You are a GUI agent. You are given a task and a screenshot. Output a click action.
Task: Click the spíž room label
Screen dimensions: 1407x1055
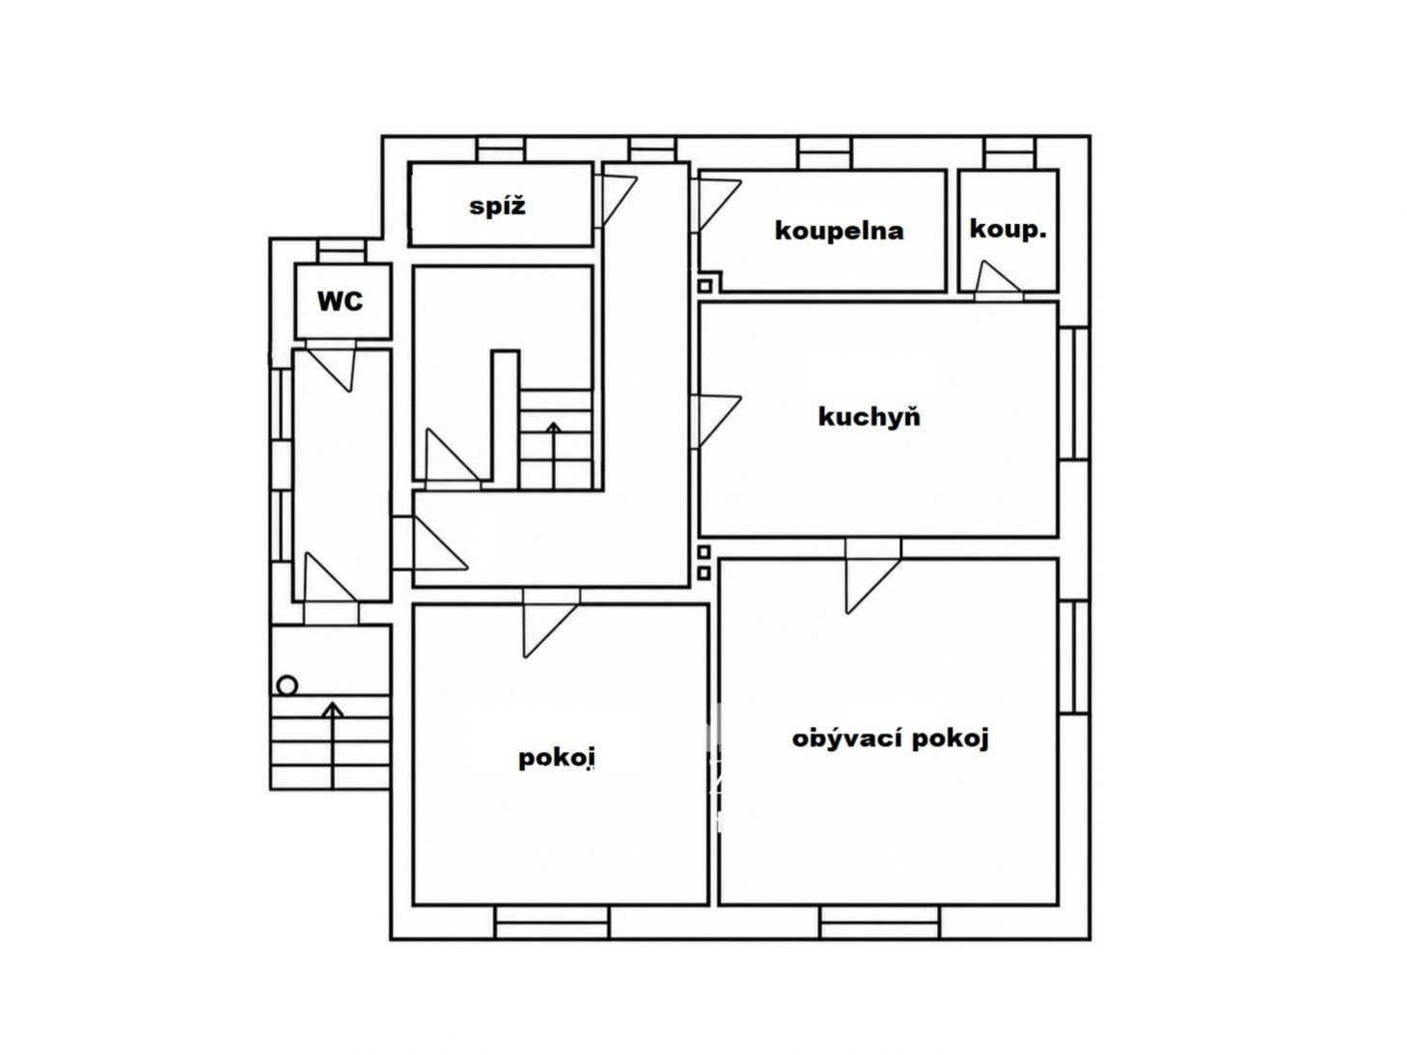pyautogui.click(x=497, y=207)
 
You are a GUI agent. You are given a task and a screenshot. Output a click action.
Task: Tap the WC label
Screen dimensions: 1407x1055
pyautogui.click(x=341, y=300)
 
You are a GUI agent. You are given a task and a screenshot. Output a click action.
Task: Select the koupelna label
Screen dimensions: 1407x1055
pyautogui.click(x=839, y=231)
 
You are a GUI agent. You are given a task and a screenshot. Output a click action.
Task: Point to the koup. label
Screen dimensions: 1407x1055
pyautogui.click(x=1007, y=230)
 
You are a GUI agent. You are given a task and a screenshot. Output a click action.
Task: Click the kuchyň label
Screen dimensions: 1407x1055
pyautogui.click(x=869, y=417)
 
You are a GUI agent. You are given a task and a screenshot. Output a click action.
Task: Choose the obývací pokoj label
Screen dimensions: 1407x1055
pyautogui.click(x=891, y=738)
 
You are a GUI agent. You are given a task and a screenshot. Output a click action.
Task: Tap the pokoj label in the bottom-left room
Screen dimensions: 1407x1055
pyautogui.click(x=557, y=759)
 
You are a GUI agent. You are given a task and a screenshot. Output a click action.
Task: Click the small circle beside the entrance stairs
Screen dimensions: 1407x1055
pyautogui.click(x=288, y=686)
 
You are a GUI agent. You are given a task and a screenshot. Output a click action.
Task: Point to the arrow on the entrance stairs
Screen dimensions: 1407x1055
pyautogui.click(x=332, y=745)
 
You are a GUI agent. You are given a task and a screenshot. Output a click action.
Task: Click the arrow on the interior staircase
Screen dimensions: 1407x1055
pyautogui.click(x=553, y=456)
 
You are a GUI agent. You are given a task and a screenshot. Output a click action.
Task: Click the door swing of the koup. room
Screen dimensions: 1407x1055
pyautogui.click(x=998, y=280)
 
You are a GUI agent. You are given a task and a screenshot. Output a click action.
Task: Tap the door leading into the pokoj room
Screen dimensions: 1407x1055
pyautogui.click(x=551, y=623)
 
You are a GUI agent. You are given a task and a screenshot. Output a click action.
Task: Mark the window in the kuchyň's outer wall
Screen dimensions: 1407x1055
pyautogui.click(x=1074, y=394)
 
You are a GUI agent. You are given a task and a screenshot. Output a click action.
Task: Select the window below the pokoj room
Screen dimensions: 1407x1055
pyautogui.click(x=552, y=923)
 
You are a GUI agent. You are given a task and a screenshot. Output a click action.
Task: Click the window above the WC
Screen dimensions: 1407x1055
pyautogui.click(x=343, y=251)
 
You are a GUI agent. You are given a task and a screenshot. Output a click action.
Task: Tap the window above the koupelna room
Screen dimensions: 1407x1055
pyautogui.click(x=826, y=153)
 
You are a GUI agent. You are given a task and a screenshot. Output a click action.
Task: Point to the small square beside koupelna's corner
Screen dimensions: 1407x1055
pyautogui.click(x=704, y=286)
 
